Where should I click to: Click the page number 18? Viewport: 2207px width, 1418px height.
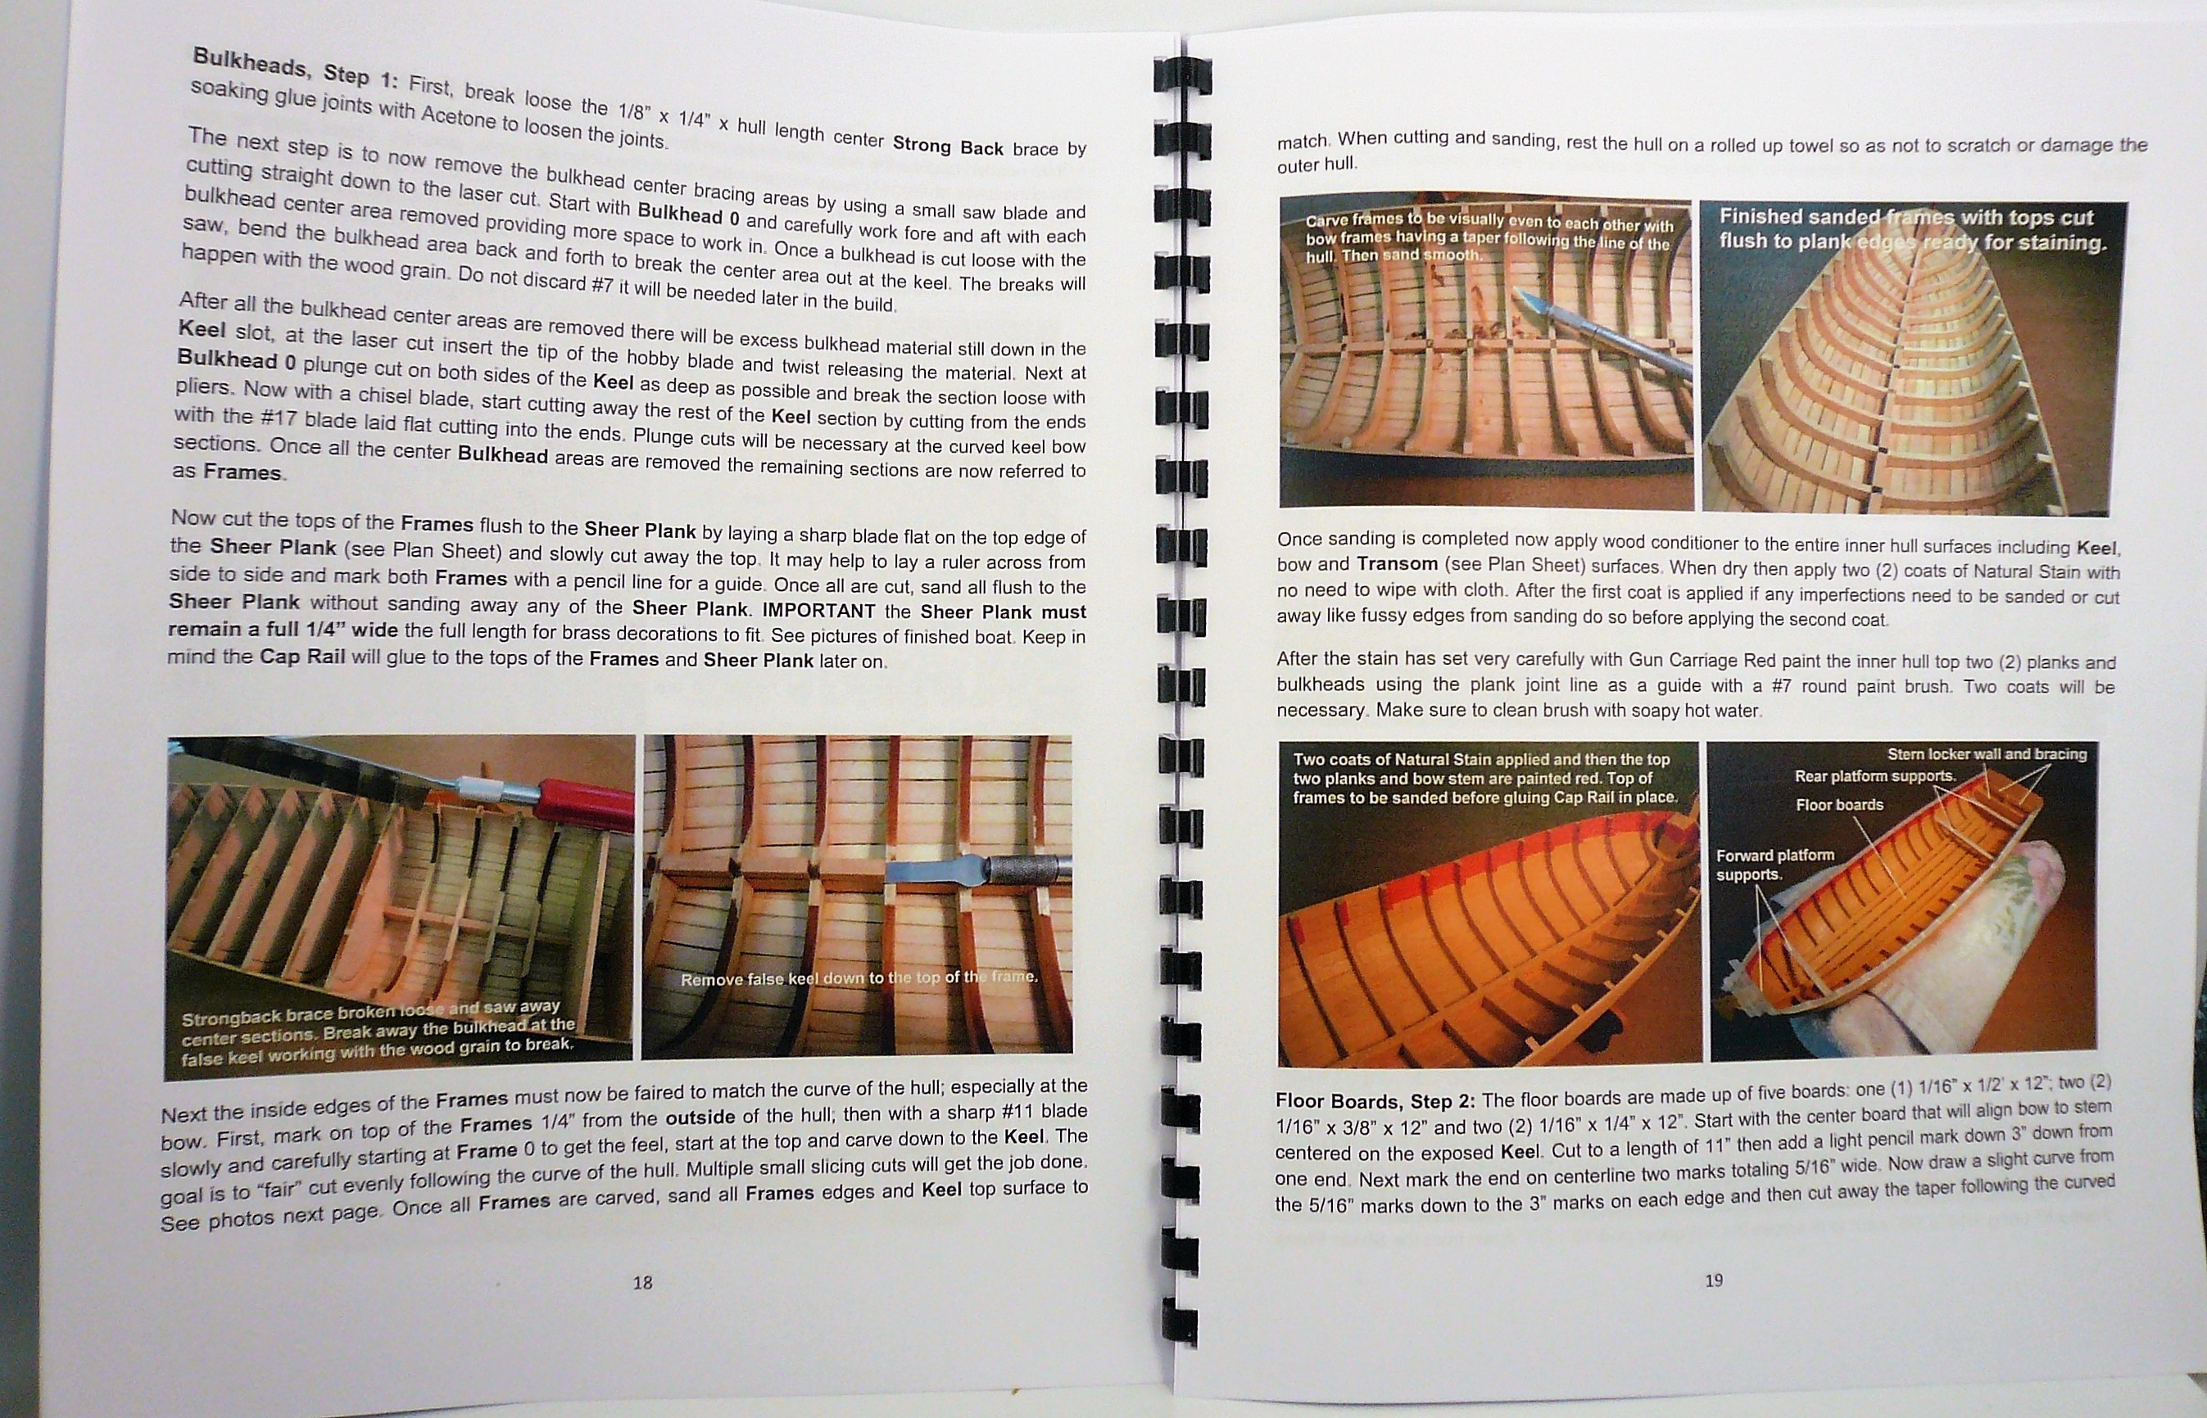pyautogui.click(x=642, y=1282)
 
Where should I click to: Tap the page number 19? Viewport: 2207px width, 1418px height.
pyautogui.click(x=1713, y=1280)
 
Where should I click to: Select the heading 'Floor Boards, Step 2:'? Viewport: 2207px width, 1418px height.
pyautogui.click(x=1375, y=1101)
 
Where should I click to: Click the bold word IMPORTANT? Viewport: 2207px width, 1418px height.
pyautogui.click(x=819, y=611)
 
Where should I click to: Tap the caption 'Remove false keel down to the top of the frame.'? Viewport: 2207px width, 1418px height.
pyautogui.click(x=859, y=977)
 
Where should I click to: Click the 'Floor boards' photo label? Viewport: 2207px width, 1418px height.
pyautogui.click(x=1838, y=805)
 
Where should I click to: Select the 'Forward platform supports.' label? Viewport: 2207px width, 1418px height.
pyautogui.click(x=1775, y=864)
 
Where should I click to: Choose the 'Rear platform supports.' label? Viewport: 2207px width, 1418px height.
pyautogui.click(x=1874, y=776)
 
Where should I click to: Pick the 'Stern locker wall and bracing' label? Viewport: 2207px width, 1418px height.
pyautogui.click(x=1987, y=754)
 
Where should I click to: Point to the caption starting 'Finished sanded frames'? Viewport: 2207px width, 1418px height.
pyautogui.click(x=1911, y=230)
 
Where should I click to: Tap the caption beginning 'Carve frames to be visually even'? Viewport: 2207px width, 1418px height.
pyautogui.click(x=1489, y=238)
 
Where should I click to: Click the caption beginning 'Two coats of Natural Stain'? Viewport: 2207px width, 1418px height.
pyautogui.click(x=1484, y=779)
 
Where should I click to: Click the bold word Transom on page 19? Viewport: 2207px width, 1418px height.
pyautogui.click(x=1398, y=562)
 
